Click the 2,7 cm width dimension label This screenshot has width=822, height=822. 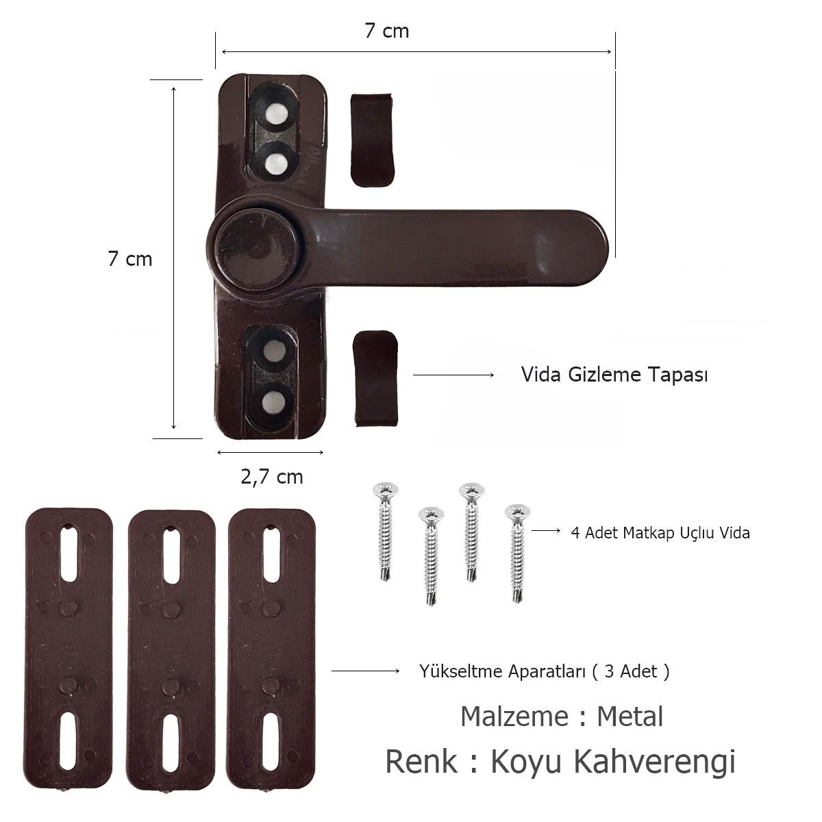click(272, 477)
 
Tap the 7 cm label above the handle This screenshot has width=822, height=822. click(387, 31)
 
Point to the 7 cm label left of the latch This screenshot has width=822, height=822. click(130, 258)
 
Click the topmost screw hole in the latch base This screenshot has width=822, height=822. click(277, 114)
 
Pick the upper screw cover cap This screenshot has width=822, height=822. click(373, 140)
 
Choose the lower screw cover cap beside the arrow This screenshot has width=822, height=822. click(376, 378)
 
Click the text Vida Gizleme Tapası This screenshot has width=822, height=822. click(614, 375)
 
